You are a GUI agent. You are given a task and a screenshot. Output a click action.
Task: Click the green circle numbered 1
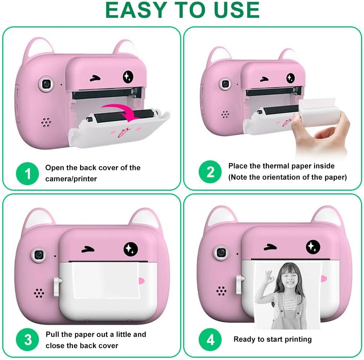click(x=27, y=174)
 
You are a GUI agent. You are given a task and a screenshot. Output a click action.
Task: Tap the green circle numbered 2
click(x=210, y=172)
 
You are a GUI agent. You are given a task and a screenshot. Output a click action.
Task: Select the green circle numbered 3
click(x=27, y=340)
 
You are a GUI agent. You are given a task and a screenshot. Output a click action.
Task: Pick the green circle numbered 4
click(x=210, y=340)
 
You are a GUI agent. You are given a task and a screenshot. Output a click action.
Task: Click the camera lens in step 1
click(x=47, y=84)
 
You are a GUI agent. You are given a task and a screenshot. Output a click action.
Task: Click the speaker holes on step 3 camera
click(x=39, y=293)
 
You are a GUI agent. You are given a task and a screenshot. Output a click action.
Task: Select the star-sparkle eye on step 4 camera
click(x=313, y=246)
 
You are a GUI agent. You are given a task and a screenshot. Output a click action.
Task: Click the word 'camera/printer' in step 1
click(x=71, y=179)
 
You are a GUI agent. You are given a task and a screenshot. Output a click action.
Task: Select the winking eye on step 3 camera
click(x=88, y=250)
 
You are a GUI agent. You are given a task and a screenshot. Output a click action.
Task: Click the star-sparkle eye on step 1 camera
click(x=128, y=76)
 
